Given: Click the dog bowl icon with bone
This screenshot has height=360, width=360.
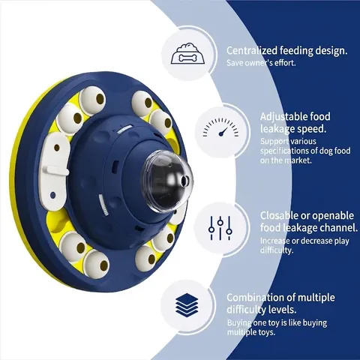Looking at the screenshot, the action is (188, 53).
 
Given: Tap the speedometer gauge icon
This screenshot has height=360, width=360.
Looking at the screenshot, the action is (220, 127).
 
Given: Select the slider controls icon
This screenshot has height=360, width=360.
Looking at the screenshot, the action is (220, 228).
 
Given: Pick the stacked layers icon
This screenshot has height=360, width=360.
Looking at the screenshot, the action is (187, 304).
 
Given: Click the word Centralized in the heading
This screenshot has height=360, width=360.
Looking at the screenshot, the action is (252, 50).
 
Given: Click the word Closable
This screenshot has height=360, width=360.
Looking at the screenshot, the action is (280, 215).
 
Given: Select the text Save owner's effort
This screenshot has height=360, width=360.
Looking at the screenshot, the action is (261, 63).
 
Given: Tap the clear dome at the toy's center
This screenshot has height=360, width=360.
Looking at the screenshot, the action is (167, 178).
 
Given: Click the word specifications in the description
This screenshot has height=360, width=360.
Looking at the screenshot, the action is (285, 151).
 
